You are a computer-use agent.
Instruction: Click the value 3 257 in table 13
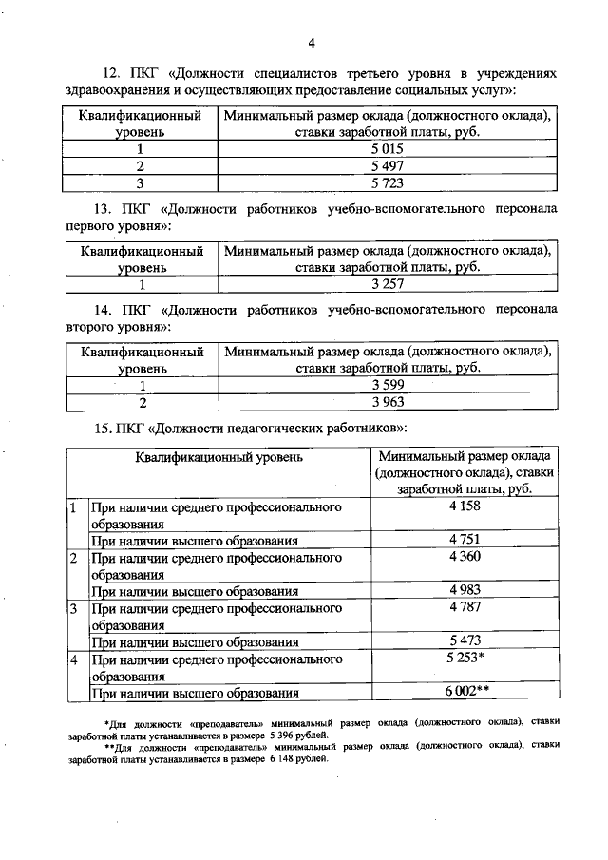[388, 284]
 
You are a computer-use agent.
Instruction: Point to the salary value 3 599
[388, 385]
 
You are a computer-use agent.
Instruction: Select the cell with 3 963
[388, 402]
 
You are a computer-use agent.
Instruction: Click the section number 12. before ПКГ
[110, 73]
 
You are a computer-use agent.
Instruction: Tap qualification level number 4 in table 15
[73, 659]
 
